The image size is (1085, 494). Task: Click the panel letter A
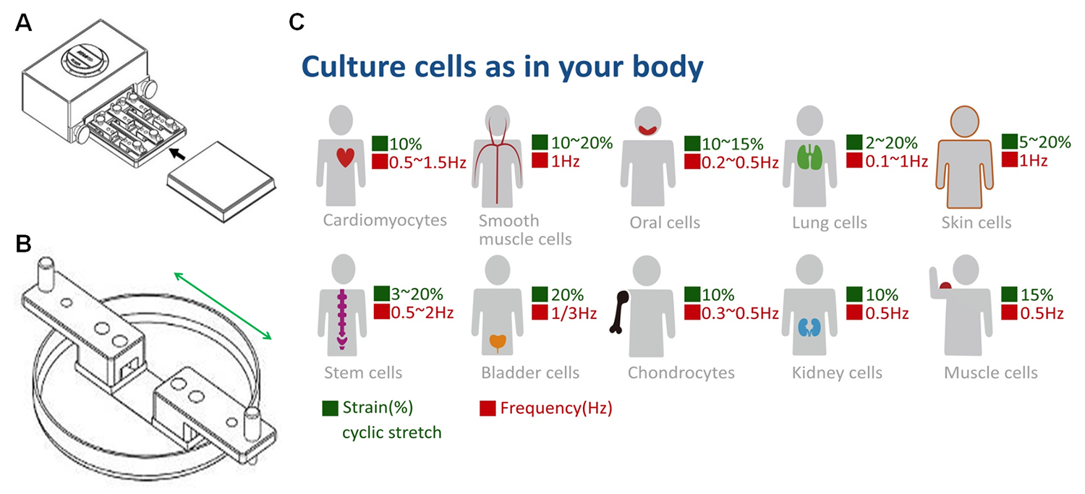point(23,22)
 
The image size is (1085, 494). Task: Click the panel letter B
point(23,244)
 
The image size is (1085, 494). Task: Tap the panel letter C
point(297,22)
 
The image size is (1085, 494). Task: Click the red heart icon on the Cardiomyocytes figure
point(345,158)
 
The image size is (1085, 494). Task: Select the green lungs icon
point(810,157)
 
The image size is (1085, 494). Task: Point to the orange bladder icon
point(498,342)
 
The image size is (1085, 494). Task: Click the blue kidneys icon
point(809,328)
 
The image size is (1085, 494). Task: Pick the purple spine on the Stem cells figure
point(342,319)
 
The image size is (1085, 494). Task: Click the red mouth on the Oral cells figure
point(647,129)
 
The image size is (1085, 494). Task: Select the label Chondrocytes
point(681,372)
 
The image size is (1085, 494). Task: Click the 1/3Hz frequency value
point(574,313)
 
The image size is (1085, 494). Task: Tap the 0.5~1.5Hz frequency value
point(427,162)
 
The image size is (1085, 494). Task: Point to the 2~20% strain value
point(891,143)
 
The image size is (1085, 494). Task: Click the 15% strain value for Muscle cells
point(1037,294)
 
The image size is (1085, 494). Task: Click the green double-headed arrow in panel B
point(223,306)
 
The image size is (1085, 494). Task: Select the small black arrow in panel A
point(177,153)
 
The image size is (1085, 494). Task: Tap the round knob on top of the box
point(85,59)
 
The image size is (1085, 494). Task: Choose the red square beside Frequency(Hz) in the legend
point(488,408)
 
